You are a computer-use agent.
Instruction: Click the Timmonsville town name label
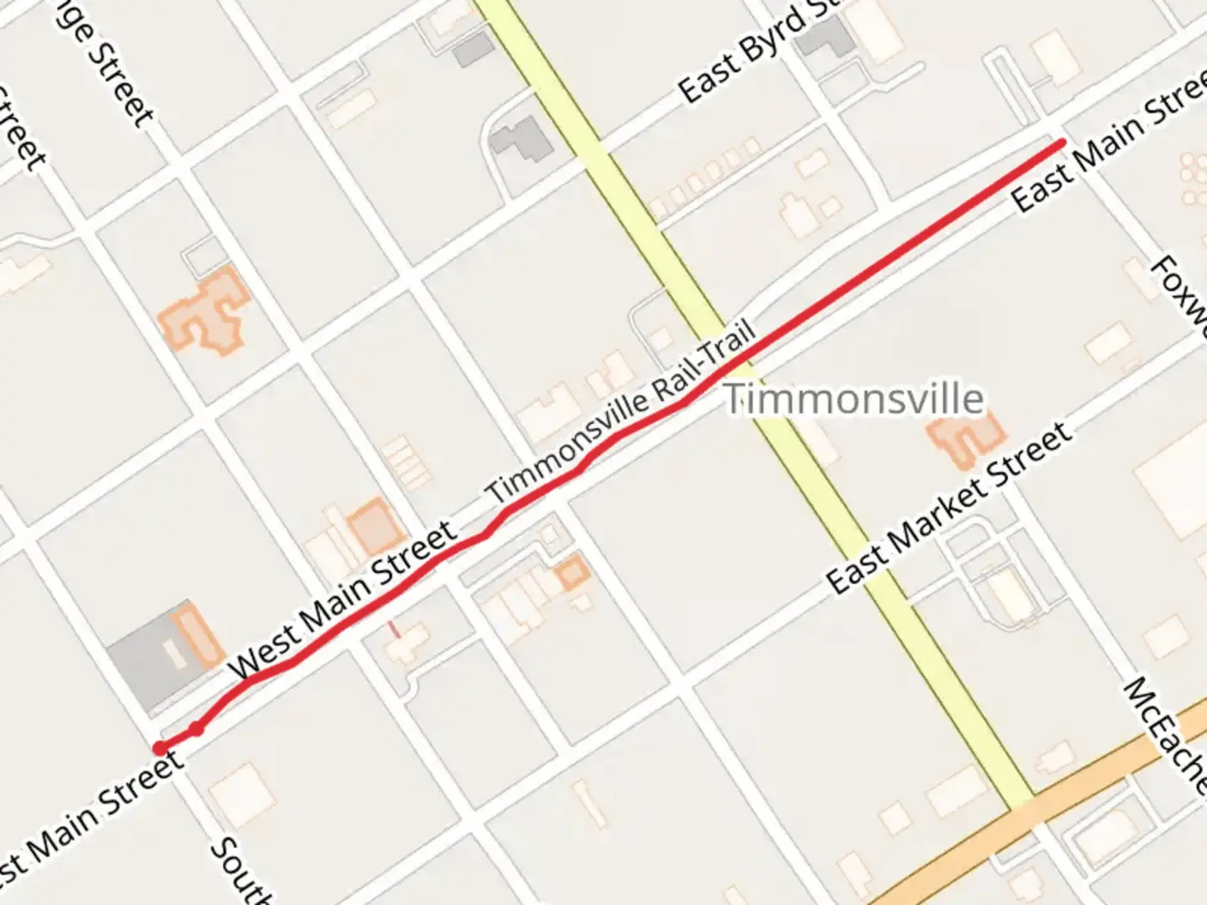coord(853,398)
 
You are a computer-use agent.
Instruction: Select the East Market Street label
coord(949,508)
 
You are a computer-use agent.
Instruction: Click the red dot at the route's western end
coord(159,747)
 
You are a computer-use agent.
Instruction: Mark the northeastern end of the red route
coord(1063,143)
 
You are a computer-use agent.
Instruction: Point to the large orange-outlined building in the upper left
coord(204,312)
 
